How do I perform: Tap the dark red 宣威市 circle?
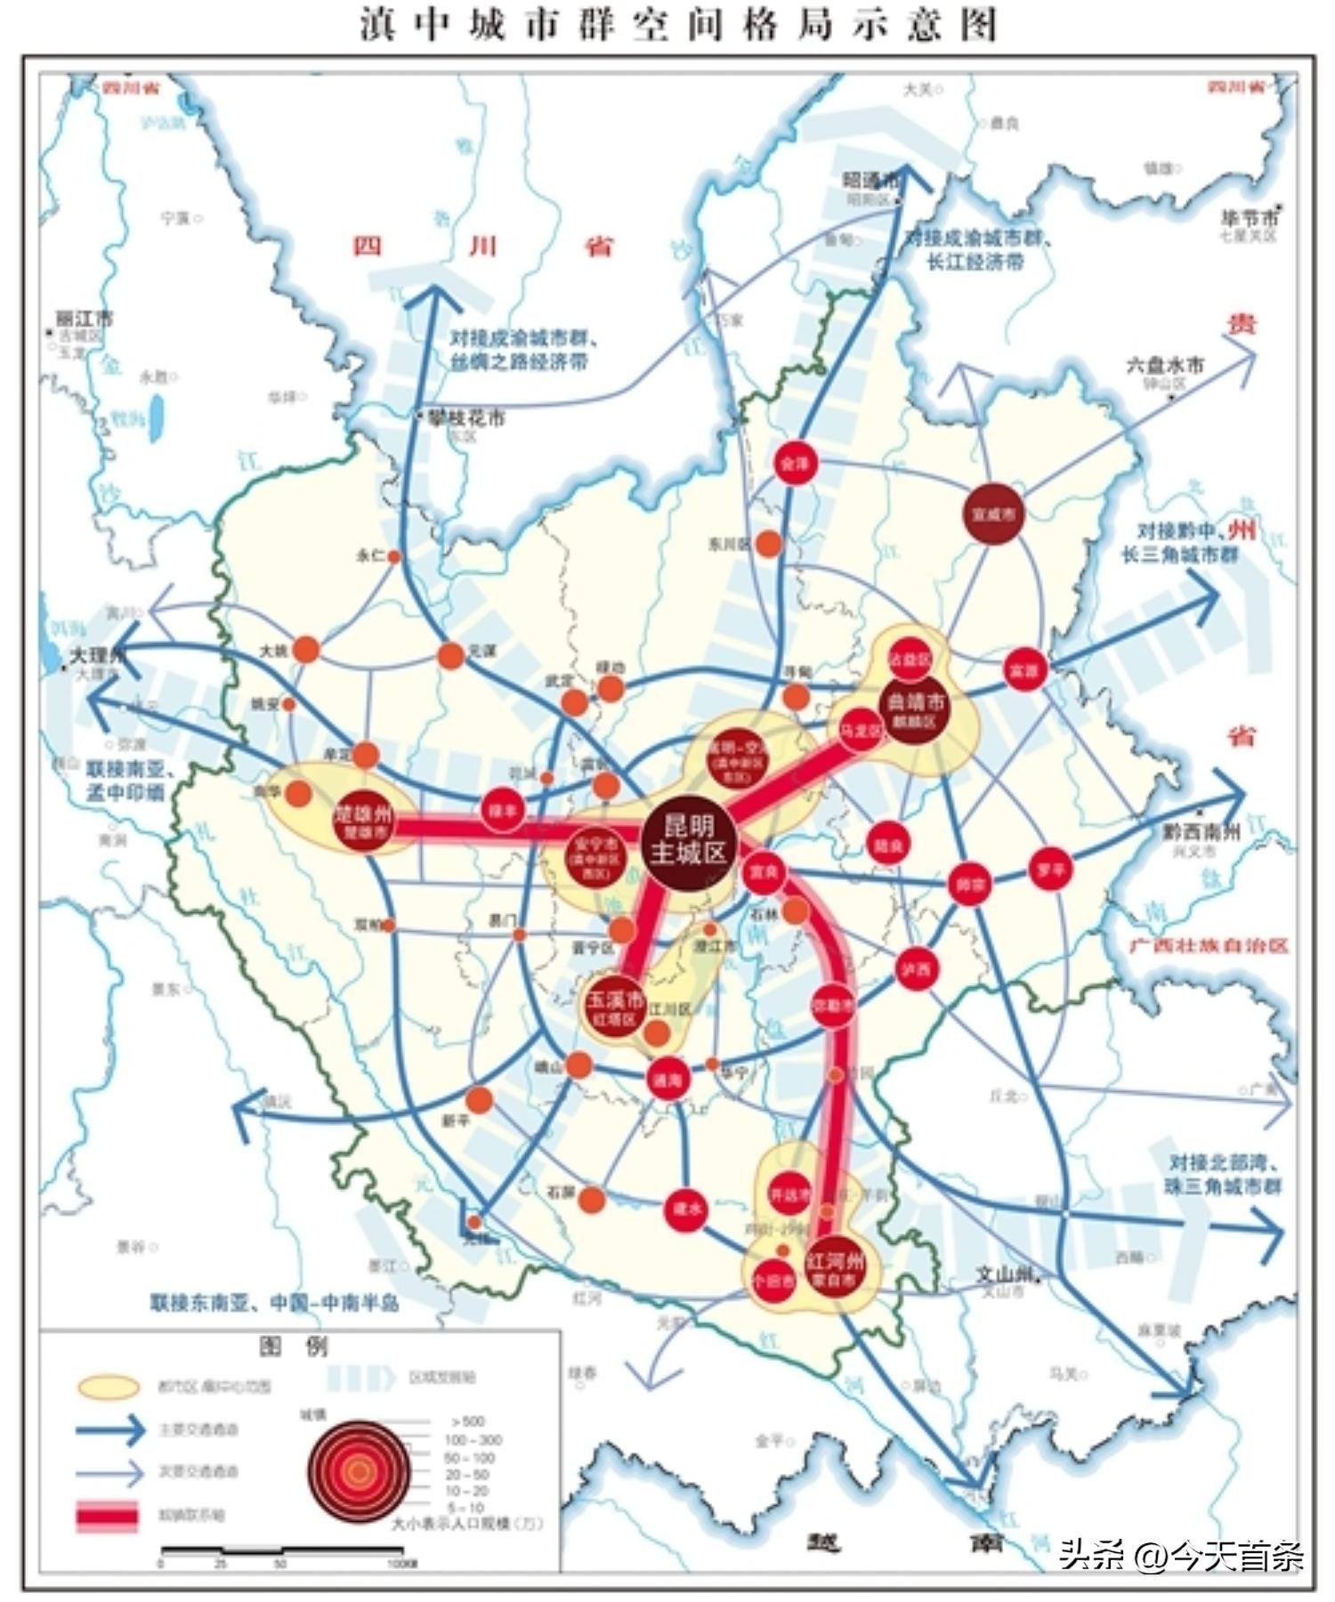point(994,514)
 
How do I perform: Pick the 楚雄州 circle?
point(363,821)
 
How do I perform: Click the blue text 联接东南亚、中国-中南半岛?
point(274,1303)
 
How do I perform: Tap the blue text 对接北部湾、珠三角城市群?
point(1225,1174)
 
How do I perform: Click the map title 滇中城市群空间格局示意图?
point(678,24)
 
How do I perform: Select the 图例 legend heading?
point(294,1347)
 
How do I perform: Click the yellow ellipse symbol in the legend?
point(109,1387)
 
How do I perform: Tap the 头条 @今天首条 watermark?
point(1180,1555)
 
